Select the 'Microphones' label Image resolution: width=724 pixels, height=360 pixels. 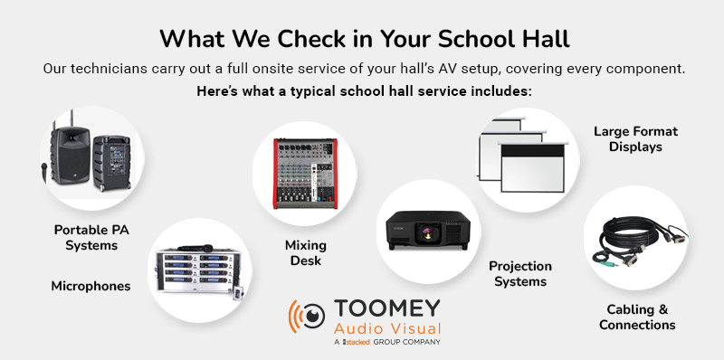click(x=90, y=286)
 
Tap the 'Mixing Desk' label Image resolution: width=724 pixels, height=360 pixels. click(x=305, y=253)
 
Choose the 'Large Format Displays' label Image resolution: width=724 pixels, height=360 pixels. click(x=635, y=138)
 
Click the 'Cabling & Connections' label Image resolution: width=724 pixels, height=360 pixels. click(x=637, y=317)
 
